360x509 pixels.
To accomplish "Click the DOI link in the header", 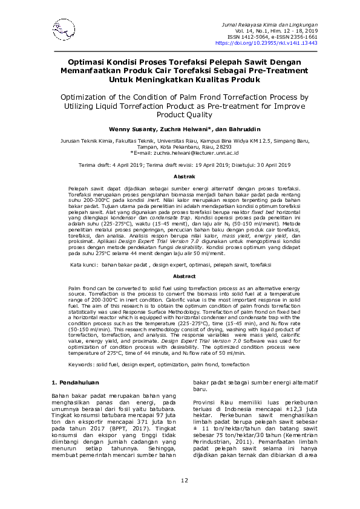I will click(266, 44).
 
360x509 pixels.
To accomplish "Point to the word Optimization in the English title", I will click(85, 96).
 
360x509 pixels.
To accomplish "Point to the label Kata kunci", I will click(83, 265).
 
